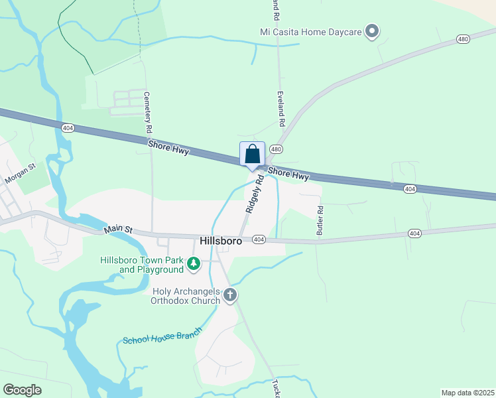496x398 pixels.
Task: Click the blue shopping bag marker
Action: tap(253, 155)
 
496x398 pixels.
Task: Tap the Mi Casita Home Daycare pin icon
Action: tap(372, 31)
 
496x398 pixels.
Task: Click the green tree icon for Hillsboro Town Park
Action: tap(194, 265)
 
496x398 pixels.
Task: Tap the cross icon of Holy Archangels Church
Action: tap(230, 295)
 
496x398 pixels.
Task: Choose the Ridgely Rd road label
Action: tap(255, 193)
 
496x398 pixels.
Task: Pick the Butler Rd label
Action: tap(320, 220)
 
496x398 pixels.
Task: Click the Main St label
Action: tap(118, 230)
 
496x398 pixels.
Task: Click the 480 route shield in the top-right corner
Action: tap(463, 40)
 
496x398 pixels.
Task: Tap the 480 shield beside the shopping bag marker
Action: tap(277, 149)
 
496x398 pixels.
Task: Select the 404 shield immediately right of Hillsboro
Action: tap(259, 239)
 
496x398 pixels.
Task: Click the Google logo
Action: tap(22, 390)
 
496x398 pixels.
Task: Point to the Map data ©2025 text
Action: tap(467, 393)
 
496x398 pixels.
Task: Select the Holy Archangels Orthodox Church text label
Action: tap(186, 296)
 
